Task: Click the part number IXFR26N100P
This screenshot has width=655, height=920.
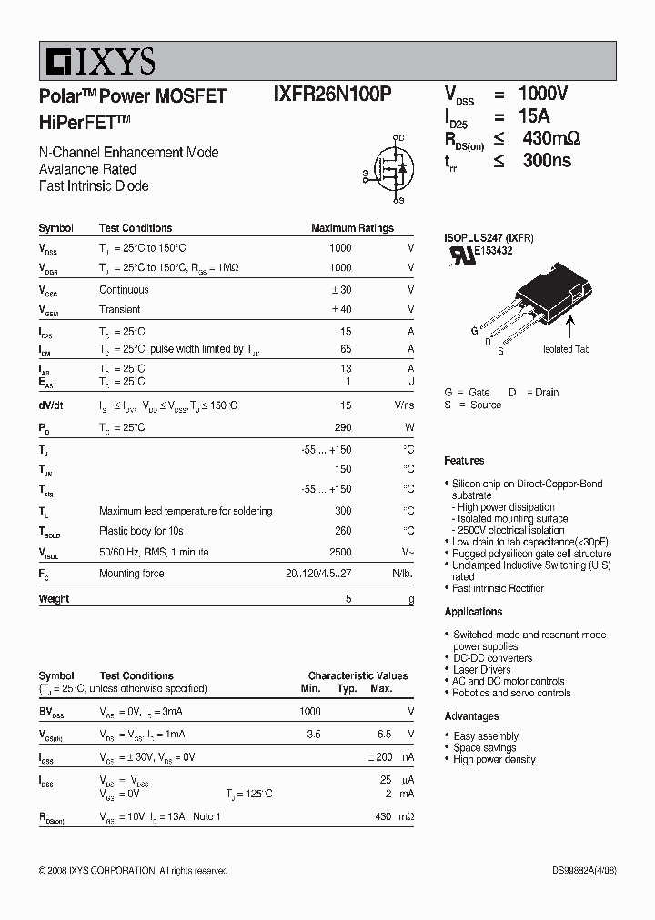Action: tap(332, 95)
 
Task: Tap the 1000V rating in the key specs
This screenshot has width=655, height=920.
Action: tap(543, 95)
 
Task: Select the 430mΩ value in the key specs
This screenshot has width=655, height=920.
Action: tap(551, 139)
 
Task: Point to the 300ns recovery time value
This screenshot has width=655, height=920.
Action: tap(547, 161)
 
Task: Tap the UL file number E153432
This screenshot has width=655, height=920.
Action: tap(492, 251)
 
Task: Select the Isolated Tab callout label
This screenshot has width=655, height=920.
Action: tap(566, 349)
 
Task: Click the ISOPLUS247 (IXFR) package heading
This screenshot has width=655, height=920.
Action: tap(489, 237)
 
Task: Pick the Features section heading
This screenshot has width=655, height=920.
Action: tap(464, 461)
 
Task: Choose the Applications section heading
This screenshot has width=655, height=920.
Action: tap(473, 612)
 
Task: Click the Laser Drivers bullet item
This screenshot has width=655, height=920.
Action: tap(482, 670)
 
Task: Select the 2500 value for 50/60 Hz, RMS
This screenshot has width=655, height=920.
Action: tap(339, 552)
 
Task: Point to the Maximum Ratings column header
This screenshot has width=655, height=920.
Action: tap(352, 228)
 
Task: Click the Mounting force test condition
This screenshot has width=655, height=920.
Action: tap(132, 574)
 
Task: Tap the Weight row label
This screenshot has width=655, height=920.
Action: tap(54, 599)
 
